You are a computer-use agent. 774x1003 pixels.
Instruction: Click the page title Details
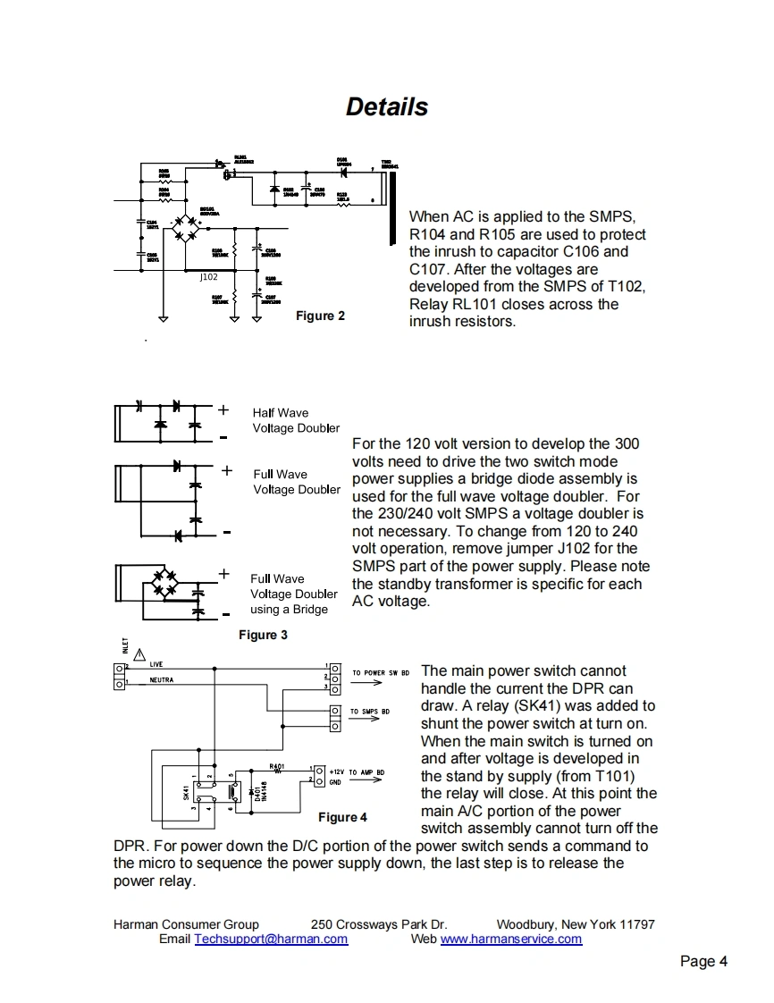click(x=386, y=107)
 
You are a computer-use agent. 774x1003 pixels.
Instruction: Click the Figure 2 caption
click(x=320, y=316)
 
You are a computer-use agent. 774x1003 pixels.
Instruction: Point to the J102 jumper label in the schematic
click(x=208, y=277)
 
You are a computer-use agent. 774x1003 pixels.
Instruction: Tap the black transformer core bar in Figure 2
click(x=391, y=208)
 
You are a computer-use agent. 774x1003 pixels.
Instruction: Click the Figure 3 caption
click(x=263, y=635)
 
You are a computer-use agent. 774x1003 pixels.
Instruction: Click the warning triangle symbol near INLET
click(x=139, y=653)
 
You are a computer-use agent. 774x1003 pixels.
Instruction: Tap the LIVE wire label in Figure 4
click(x=156, y=664)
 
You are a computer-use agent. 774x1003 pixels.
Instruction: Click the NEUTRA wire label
click(x=162, y=680)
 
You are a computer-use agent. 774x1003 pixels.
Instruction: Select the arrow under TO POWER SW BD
click(x=366, y=683)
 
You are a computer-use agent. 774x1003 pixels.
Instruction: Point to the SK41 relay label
click(x=186, y=792)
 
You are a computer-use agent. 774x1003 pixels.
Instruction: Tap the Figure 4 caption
click(x=342, y=817)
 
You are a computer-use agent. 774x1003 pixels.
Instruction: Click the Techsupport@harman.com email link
click(x=271, y=939)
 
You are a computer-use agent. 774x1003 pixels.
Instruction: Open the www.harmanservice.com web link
click(x=510, y=939)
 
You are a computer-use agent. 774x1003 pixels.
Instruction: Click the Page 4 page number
click(x=703, y=961)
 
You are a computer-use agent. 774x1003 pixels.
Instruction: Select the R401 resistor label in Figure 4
click(x=276, y=766)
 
